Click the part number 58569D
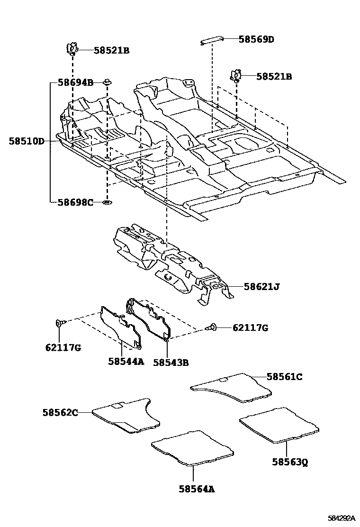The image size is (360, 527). pyautogui.click(x=256, y=39)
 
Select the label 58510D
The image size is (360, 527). pyautogui.click(x=26, y=141)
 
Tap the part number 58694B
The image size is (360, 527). pyautogui.click(x=75, y=82)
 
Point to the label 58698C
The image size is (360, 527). pyautogui.click(x=75, y=202)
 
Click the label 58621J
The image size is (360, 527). pyautogui.click(x=262, y=286)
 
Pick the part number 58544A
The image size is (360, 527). pyautogui.click(x=126, y=361)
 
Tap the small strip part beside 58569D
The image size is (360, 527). pyautogui.click(x=213, y=41)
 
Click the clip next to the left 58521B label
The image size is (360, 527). pyautogui.click(x=71, y=48)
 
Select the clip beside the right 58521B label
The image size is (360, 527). pyautogui.click(x=235, y=75)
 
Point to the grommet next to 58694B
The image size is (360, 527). pyautogui.click(x=107, y=83)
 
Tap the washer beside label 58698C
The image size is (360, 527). pyautogui.click(x=107, y=203)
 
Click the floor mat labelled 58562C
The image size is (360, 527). pyautogui.click(x=126, y=415)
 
